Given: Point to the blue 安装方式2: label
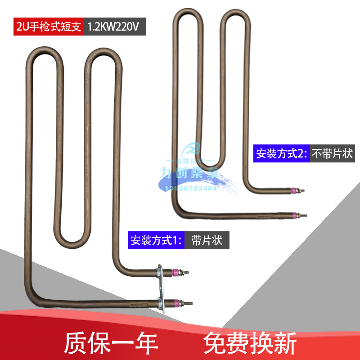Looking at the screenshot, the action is click(281, 154).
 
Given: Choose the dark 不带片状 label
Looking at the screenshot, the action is click(332, 154).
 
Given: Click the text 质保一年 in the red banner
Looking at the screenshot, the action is click(111, 344).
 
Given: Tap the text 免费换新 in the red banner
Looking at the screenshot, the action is click(250, 344).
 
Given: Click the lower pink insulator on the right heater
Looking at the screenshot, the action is click(295, 215).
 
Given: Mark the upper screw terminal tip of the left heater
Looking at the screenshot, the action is click(186, 272).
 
